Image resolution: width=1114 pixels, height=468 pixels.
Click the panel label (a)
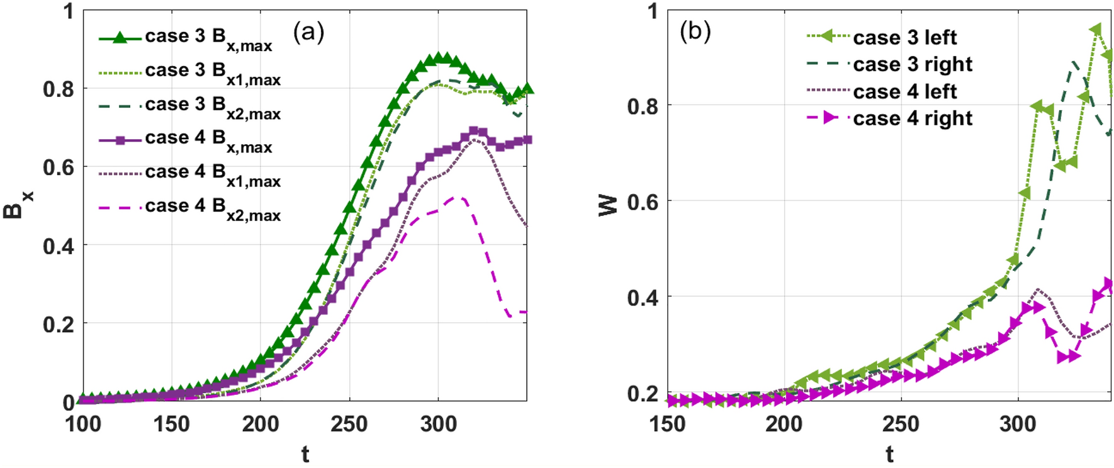pyautogui.click(x=308, y=31)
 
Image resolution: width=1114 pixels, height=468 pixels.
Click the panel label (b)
pyautogui.click(x=695, y=31)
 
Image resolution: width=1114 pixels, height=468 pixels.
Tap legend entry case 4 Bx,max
pyautogui.click(x=208, y=140)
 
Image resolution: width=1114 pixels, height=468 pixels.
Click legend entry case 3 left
pyautogui.click(x=904, y=37)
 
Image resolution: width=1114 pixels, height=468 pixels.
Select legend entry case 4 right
pyautogui.click(x=913, y=118)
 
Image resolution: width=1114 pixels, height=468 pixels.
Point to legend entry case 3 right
pyautogui.click(x=913, y=64)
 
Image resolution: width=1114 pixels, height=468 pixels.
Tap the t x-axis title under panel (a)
pyautogui.click(x=305, y=454)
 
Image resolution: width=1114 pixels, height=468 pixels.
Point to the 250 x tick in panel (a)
pyautogui.click(x=349, y=424)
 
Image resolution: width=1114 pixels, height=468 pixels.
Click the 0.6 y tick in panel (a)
pyautogui.click(x=59, y=168)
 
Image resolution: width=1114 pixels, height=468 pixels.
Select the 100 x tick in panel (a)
pyautogui.click(x=83, y=424)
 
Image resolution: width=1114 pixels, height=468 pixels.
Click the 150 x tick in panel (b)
pyautogui.click(x=668, y=424)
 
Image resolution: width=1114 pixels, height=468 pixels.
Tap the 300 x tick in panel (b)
pyautogui.click(x=1018, y=424)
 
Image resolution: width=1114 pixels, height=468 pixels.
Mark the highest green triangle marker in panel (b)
pyautogui.click(x=1096, y=30)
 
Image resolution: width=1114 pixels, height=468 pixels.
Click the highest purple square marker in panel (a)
pyautogui.click(x=474, y=130)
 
